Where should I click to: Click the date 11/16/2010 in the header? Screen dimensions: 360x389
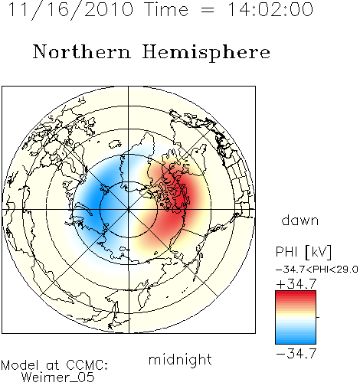70,10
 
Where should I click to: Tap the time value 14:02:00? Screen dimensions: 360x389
270,9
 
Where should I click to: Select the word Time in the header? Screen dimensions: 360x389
166,9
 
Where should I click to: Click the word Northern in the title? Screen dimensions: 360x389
82,52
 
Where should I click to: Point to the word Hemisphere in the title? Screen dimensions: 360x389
206,52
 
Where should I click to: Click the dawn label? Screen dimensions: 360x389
300,220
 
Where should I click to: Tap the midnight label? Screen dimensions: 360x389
180,359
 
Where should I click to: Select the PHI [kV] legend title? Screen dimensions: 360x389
303,252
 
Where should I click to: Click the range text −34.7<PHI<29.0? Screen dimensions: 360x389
317,270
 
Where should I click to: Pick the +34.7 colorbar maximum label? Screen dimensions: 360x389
296,283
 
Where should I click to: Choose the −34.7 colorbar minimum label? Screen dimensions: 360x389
296,353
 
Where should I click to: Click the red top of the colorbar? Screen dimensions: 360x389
296,295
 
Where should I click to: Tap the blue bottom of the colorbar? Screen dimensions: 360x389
296,339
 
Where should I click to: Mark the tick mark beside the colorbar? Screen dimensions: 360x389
318,317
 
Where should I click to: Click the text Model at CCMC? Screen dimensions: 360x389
54,365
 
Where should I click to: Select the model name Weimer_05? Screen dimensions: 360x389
58,378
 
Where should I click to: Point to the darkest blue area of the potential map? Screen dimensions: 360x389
94,201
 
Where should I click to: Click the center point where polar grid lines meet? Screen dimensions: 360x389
129,209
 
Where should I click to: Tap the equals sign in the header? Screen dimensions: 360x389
208,10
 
